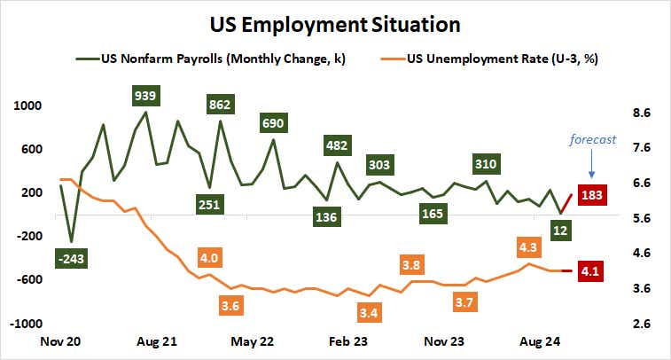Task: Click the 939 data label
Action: coord(145,94)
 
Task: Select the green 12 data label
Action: coord(560,231)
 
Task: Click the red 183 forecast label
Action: coord(590,194)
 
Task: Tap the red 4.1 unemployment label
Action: coord(590,270)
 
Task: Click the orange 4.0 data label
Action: coord(211,257)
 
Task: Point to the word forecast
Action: coord(592,139)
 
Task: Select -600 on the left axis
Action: coord(28,278)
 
